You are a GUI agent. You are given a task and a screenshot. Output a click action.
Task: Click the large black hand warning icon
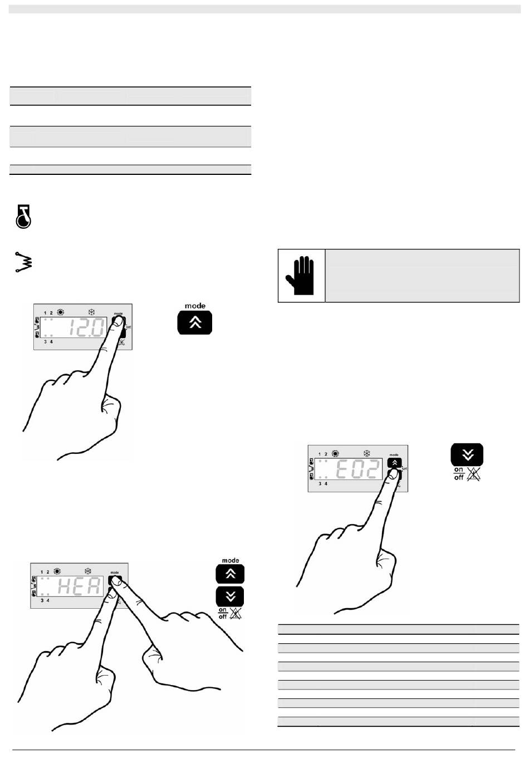pos(301,276)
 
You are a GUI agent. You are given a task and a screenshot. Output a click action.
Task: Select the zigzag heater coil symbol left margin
pos(23,261)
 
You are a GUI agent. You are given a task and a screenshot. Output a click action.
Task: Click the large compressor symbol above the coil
pos(23,216)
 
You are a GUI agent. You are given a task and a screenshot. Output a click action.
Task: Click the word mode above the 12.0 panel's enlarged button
pos(195,306)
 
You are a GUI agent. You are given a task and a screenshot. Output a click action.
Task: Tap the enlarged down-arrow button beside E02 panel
pos(467,454)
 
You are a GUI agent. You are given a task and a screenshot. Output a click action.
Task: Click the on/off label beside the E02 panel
pos(459,473)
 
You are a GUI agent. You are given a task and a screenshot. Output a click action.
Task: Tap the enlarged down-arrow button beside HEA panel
pos(230,596)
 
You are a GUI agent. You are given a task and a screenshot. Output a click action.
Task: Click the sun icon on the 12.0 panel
pos(60,312)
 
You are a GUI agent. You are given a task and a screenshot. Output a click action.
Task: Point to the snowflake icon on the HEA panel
pos(87,571)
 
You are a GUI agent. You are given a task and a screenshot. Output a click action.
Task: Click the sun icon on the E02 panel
pos(335,454)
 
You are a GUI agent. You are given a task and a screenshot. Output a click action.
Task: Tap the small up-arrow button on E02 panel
pos(394,462)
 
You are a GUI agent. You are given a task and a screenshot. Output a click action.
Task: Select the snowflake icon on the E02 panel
pos(366,454)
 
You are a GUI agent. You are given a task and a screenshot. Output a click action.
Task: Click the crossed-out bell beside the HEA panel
pos(236,614)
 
